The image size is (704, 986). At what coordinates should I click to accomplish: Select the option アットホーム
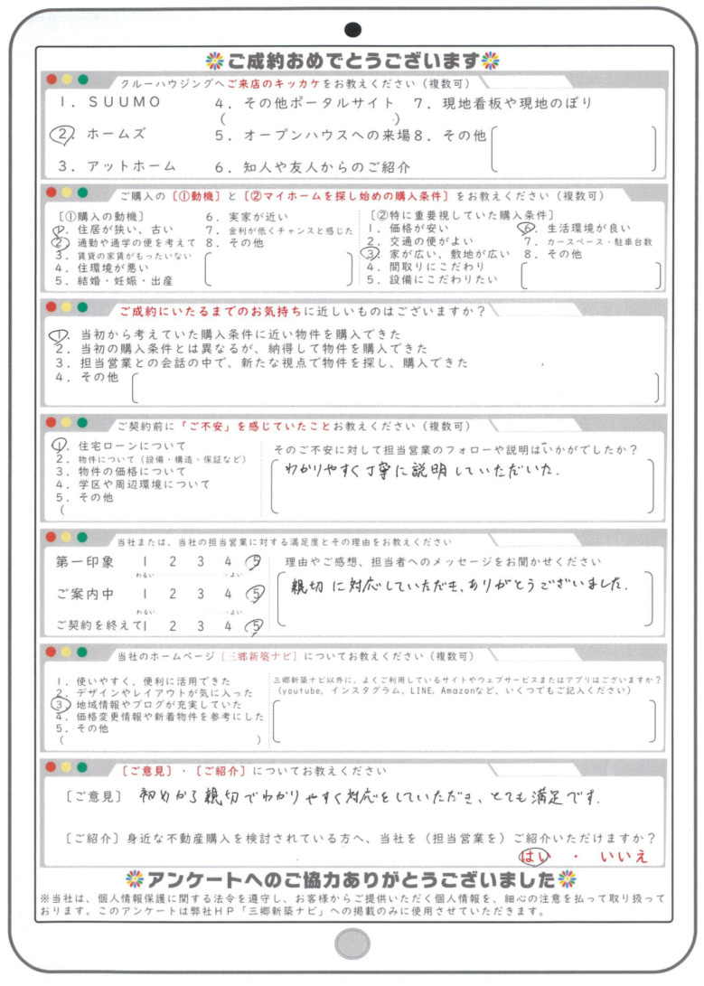[118, 166]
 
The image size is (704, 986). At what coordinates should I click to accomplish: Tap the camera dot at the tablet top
[353, 30]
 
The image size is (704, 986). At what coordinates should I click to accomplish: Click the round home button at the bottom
[352, 944]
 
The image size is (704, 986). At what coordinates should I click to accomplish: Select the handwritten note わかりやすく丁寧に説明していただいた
[423, 472]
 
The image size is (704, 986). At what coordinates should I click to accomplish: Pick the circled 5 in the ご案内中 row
[257, 594]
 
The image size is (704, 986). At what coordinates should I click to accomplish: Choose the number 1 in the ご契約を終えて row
[145, 624]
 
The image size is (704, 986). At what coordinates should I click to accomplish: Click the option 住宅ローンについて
[127, 446]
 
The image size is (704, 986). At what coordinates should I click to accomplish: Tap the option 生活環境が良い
[588, 230]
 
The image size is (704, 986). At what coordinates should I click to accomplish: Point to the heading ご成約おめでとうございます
[352, 61]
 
